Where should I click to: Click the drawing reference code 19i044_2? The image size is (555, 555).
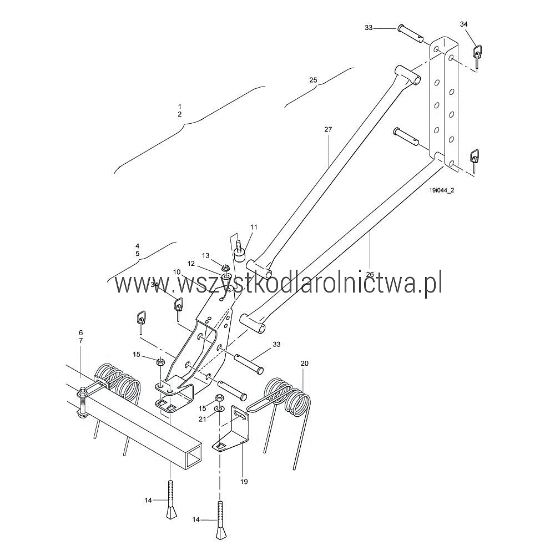pos(442,190)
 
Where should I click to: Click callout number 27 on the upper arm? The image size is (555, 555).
pos(328,129)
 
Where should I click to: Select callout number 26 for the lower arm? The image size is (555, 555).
pos(370,274)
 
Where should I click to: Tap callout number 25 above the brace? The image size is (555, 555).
pos(313,80)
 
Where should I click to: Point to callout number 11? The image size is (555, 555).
pos(254,227)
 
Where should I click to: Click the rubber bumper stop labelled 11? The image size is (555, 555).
pos(240,255)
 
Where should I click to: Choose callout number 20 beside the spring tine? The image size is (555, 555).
pos(305,364)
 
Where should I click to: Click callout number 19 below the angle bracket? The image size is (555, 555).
pos(244,481)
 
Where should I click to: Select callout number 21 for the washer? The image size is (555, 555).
pos(202,419)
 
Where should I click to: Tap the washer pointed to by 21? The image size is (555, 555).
pos(219,409)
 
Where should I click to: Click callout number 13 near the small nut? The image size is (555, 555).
pos(206,255)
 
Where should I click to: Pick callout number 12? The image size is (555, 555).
pos(191,264)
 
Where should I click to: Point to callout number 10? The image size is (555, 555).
pos(177,272)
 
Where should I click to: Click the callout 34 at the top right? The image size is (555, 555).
pos(463,24)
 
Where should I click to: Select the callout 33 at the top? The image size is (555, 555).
pos(369,28)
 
